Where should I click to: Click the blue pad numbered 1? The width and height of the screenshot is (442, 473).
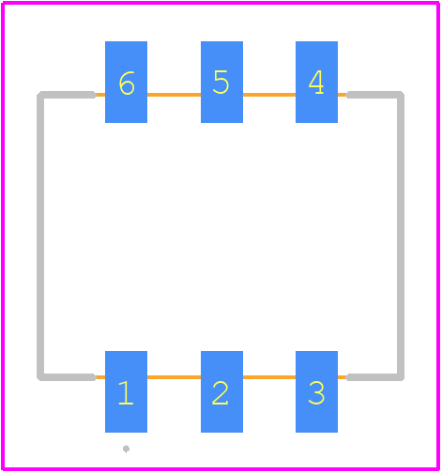coord(126,391)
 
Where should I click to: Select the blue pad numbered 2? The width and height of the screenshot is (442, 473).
coord(221,391)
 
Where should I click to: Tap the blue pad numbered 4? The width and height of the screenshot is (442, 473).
coord(316,82)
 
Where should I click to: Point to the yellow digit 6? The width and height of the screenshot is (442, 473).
coord(127,83)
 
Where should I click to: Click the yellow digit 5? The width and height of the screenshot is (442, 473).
coord(221,82)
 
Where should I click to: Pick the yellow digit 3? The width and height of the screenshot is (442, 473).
coord(316,393)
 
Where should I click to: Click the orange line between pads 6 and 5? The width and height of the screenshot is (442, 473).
coord(174,95)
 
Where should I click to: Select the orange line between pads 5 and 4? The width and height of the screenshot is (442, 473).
coord(269,95)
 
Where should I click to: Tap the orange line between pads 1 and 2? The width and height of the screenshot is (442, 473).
coord(174,377)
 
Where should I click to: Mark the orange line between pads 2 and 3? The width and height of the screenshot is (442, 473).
coord(269,377)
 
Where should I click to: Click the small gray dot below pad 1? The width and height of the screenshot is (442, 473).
coord(126,449)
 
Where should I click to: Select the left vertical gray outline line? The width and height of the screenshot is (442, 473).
coord(40,236)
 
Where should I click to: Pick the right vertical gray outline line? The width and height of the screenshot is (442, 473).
coord(401,236)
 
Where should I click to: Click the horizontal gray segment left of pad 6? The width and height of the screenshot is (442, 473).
coord(67,95)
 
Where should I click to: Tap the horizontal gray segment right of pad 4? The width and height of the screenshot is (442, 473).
coord(375,95)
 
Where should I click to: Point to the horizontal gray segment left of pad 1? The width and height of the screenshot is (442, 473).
coord(67,377)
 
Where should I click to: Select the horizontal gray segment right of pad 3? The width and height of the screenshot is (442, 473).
coord(375,377)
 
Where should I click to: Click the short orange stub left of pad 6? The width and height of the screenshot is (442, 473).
coord(100,95)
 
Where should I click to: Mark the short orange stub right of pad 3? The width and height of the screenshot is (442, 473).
coord(342,377)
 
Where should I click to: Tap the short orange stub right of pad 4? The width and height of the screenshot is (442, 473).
coord(342,95)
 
